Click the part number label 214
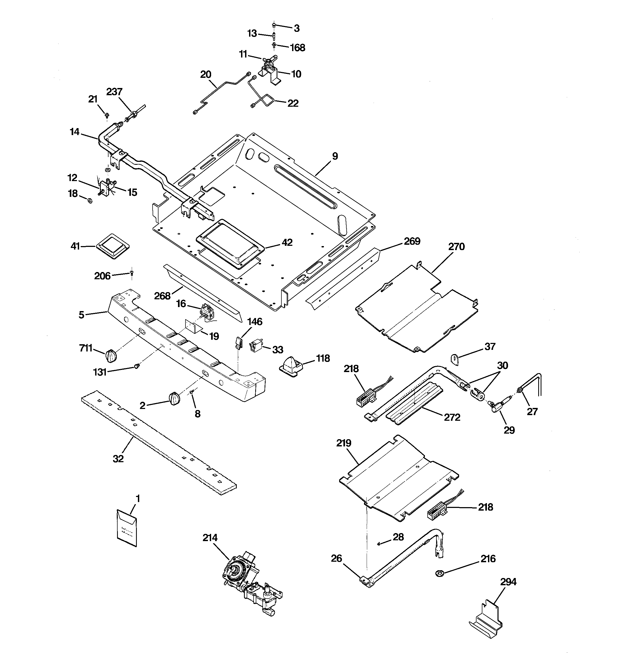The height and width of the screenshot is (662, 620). [x=210, y=538]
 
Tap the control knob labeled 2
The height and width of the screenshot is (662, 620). [x=175, y=399]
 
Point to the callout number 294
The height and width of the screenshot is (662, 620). [x=508, y=582]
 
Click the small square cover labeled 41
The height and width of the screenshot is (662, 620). [x=113, y=246]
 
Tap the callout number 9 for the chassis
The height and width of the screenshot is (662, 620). [x=335, y=156]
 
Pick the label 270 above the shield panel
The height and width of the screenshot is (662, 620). [x=456, y=247]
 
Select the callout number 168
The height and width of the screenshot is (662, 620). [x=297, y=48]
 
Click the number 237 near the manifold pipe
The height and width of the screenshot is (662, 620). [x=114, y=92]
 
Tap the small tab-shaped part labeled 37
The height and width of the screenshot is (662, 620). [x=455, y=359]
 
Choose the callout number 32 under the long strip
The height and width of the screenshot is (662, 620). [x=118, y=459]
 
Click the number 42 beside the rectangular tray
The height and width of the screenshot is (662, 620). [x=287, y=242]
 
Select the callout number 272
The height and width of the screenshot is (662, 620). [x=452, y=417]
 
